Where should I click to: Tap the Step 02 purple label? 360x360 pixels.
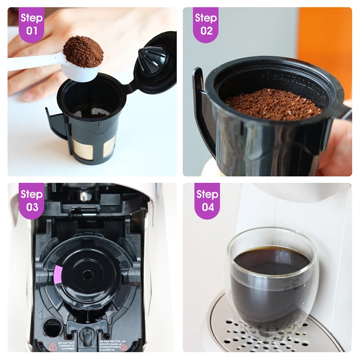206,24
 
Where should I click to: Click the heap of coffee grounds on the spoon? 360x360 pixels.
83,50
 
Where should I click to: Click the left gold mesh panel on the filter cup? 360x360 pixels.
80,149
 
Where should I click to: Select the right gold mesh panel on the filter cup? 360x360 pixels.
109,146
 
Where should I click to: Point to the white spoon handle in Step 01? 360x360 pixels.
31,62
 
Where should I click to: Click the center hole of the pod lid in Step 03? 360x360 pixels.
86,274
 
